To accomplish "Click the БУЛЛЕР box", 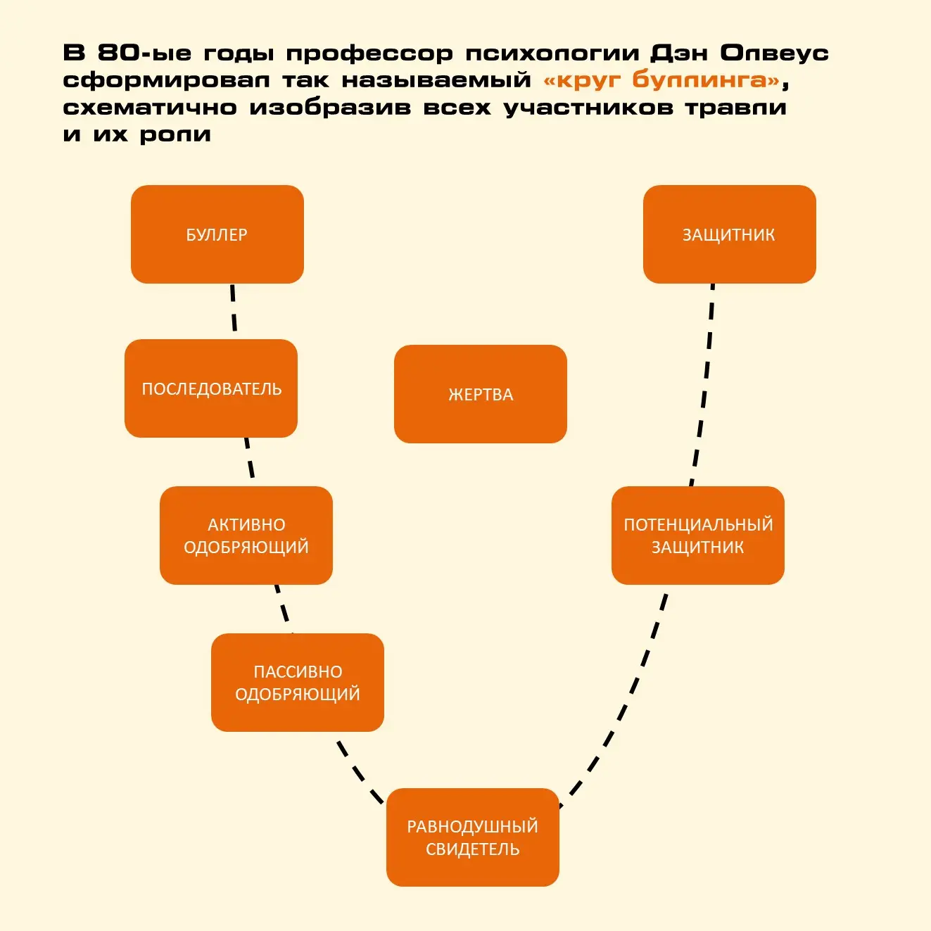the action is click(217, 234).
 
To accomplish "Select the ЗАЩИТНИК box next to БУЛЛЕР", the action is click(730, 234).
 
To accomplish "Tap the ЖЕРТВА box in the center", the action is click(480, 394).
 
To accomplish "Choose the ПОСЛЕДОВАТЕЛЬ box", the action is click(211, 388).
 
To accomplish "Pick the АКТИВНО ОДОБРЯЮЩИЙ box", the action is click(246, 536).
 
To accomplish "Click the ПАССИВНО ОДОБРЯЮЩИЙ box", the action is click(298, 682).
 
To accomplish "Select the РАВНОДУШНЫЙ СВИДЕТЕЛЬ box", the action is click(472, 837).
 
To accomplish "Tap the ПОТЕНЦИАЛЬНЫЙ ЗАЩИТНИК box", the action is click(698, 536).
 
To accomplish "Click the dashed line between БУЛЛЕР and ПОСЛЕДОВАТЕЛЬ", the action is click(234, 308).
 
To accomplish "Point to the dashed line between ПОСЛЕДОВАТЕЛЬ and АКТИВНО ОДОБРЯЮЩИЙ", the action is click(249, 458).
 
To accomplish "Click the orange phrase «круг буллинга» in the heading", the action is click(661, 80).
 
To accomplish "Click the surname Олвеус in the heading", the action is click(774, 53).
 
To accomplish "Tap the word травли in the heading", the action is click(736, 107).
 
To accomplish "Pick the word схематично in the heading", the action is click(150, 107).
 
